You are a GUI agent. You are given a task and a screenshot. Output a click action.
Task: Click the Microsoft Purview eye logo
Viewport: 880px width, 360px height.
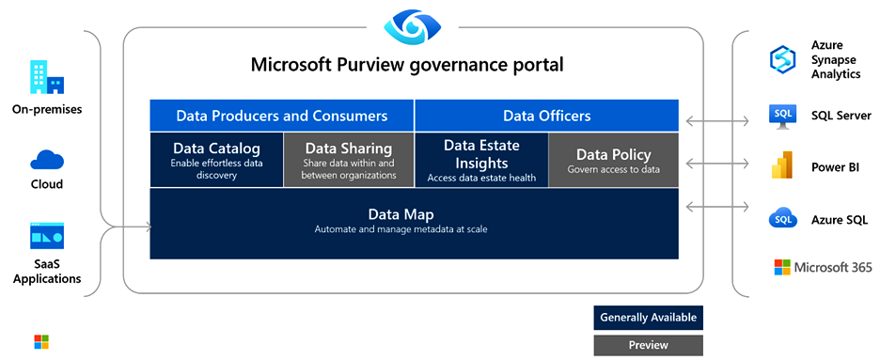[x=412, y=25]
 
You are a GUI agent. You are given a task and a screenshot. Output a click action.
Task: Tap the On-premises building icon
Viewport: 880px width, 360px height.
[x=47, y=78]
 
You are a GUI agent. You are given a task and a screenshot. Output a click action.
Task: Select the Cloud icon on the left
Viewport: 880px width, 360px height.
[x=47, y=160]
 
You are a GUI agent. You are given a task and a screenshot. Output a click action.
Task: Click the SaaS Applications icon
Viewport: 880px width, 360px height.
[x=47, y=236]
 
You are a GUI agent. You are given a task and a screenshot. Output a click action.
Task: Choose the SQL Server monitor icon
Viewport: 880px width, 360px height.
[x=783, y=116]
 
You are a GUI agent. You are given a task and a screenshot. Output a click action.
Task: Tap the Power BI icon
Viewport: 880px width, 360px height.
[x=782, y=164]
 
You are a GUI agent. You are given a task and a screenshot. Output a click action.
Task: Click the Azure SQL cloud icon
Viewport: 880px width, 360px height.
[x=783, y=219]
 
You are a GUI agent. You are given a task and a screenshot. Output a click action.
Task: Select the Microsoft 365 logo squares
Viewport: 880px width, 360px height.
[x=782, y=268]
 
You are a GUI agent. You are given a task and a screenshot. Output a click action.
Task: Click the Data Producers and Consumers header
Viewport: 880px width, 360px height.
[x=282, y=116]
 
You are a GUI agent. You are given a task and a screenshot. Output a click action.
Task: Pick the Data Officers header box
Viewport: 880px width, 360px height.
[x=546, y=116]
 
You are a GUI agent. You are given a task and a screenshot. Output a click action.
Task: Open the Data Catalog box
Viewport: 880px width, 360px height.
[x=216, y=160]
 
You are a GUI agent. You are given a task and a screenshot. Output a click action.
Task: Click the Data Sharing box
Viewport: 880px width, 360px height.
[x=349, y=160]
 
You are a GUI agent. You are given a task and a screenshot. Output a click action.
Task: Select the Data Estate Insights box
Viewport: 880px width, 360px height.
[x=481, y=160]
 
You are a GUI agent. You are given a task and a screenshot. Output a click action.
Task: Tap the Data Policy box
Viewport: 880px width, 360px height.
[x=613, y=160]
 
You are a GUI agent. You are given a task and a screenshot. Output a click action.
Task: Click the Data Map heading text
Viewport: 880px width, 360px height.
[x=401, y=214]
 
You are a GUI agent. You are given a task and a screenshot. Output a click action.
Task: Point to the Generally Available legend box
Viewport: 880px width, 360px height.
[x=648, y=318]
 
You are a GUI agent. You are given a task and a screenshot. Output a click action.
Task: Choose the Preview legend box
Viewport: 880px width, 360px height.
[x=648, y=345]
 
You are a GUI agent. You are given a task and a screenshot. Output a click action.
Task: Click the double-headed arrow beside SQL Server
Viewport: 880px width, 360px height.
[x=717, y=120]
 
